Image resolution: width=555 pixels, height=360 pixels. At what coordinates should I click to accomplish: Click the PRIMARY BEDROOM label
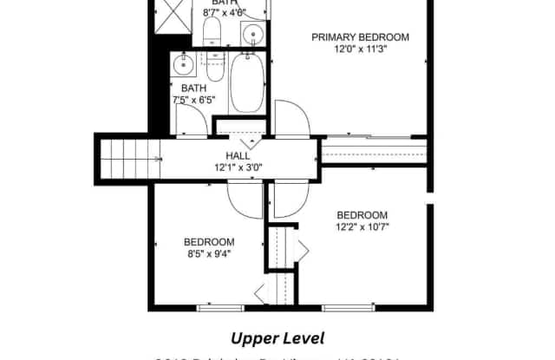(x=360, y=37)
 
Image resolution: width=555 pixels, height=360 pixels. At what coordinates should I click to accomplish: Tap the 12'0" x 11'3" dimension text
(x=360, y=50)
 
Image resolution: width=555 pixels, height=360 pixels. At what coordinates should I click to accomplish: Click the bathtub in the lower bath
(x=250, y=82)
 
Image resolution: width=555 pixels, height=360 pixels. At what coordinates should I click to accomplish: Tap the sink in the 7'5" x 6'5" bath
(x=185, y=63)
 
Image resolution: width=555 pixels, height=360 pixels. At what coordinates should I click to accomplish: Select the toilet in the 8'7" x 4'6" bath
(x=212, y=32)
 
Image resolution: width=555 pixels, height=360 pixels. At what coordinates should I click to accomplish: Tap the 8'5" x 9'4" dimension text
(x=209, y=254)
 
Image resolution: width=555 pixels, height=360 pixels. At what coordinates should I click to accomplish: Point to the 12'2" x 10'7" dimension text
(x=362, y=227)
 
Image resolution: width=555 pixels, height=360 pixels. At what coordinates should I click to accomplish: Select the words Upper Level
(x=277, y=337)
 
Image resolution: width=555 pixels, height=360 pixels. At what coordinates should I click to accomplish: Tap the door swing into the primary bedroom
(x=288, y=119)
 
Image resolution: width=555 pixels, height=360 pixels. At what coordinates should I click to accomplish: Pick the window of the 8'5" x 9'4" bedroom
(x=216, y=307)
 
